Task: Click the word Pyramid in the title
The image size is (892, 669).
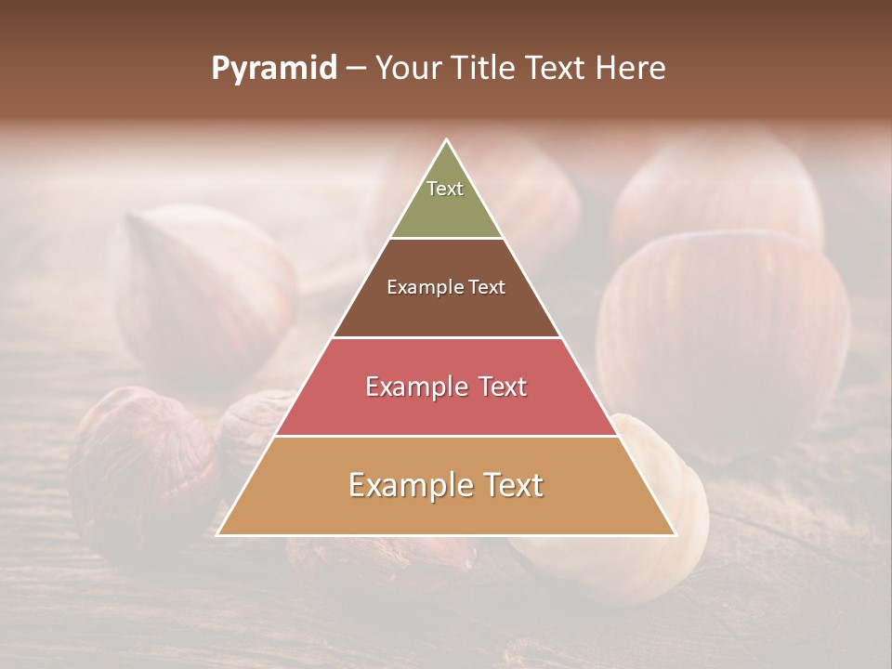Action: [274, 69]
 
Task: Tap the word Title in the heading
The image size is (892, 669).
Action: [486, 69]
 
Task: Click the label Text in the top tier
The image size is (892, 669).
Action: [445, 189]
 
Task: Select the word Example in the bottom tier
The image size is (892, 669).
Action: [406, 485]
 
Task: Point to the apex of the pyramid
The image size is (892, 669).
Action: [447, 140]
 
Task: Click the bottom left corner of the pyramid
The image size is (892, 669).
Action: [218, 534]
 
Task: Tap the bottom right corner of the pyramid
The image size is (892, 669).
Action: [676, 534]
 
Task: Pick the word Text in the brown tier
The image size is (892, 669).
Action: [487, 288]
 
